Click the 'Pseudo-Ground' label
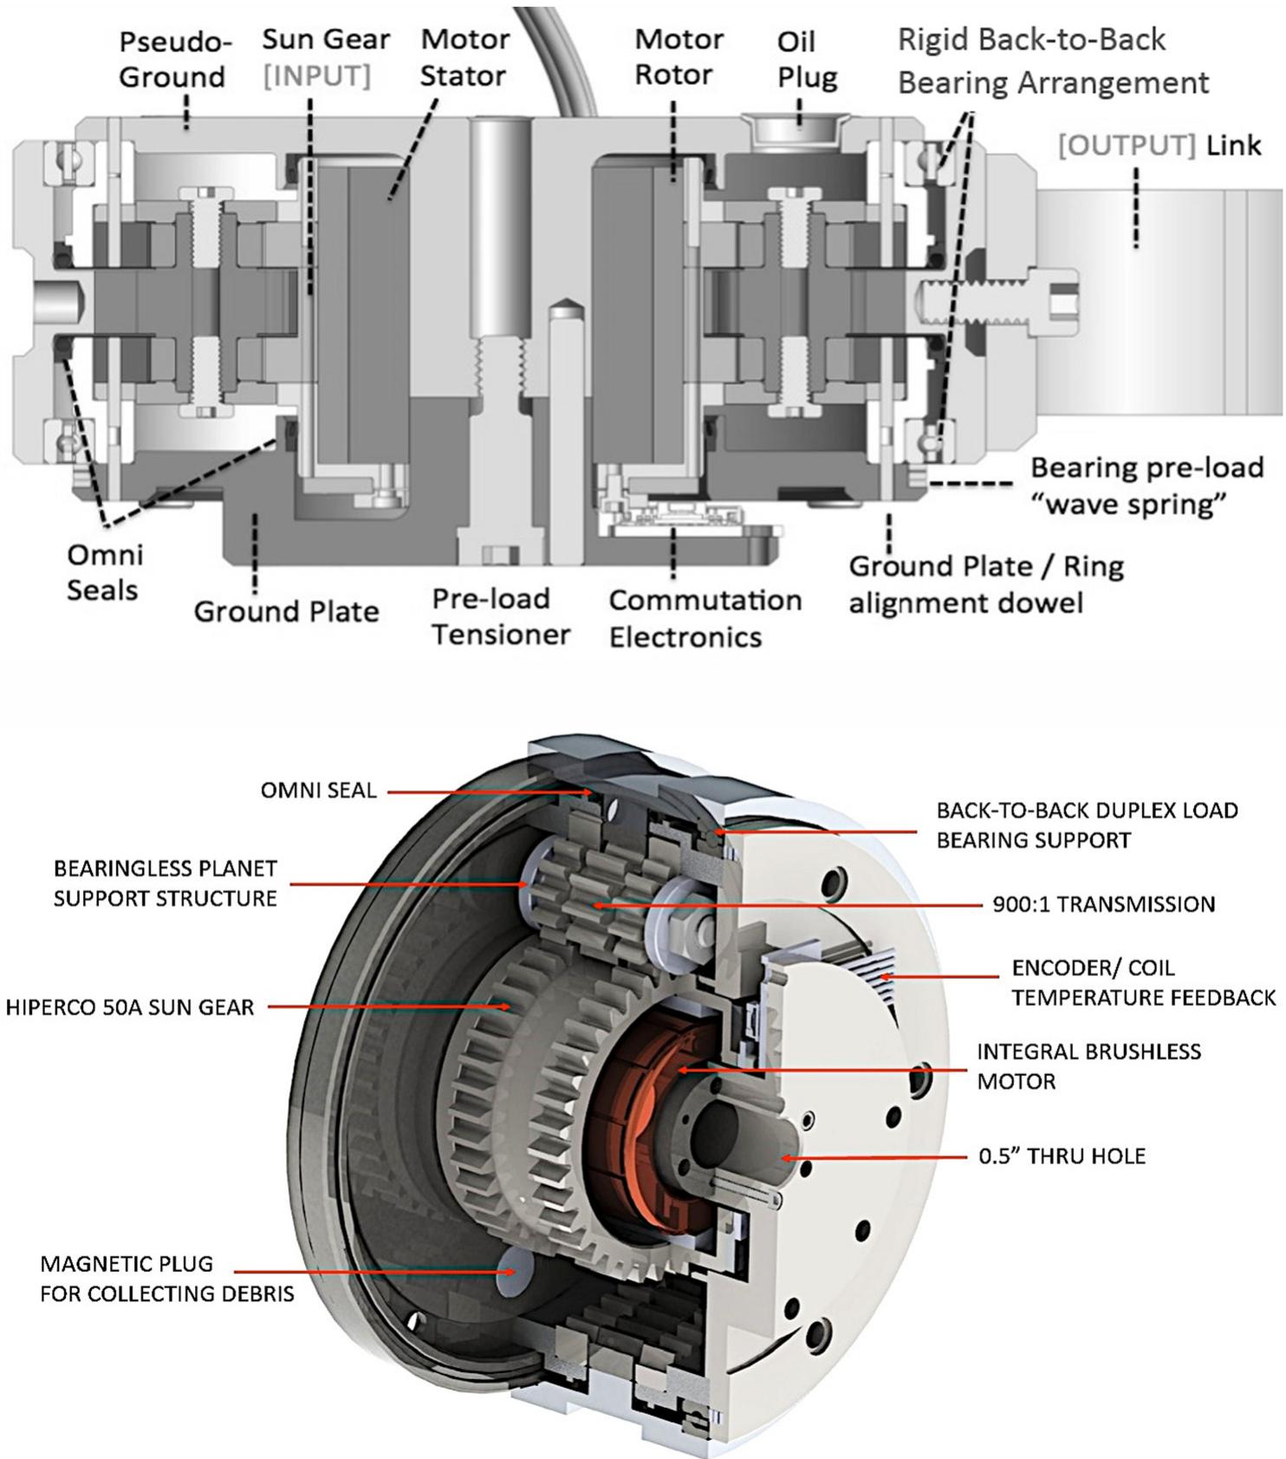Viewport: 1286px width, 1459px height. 172,59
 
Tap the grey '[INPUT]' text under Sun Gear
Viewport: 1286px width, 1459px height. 316,76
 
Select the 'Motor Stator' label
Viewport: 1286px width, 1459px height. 463,57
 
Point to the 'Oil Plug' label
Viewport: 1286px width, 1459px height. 807,59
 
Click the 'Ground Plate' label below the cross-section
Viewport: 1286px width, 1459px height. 286,611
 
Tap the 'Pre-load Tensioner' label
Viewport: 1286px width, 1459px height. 501,616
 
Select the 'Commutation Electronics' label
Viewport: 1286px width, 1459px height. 705,618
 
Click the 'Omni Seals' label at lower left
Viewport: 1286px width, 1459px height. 103,572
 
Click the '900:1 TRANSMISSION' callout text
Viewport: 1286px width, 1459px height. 1103,904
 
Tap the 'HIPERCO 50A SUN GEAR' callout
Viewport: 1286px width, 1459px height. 130,1007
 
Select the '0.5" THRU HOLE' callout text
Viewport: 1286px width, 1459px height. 1062,1156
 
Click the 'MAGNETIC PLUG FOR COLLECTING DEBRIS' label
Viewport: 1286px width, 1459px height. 166,1279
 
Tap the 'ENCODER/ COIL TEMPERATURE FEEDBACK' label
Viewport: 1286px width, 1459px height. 1143,983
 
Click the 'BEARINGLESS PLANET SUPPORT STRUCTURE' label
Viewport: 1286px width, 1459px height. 165,883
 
